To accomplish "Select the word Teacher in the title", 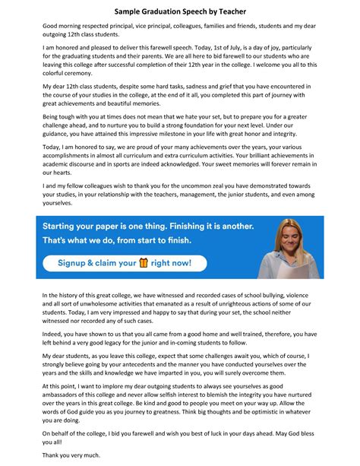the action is tap(229, 12).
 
